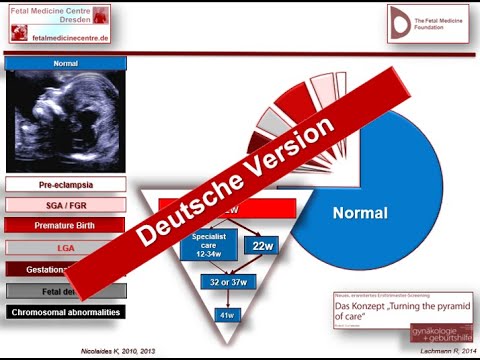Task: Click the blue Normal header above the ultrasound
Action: (66, 63)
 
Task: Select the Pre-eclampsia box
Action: (66, 185)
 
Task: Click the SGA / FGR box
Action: (66, 205)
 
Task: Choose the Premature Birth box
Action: (66, 226)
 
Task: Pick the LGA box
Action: (66, 247)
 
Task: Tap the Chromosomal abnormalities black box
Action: (66, 312)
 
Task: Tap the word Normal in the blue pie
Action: (359, 213)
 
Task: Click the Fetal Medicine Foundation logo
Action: (428, 23)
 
